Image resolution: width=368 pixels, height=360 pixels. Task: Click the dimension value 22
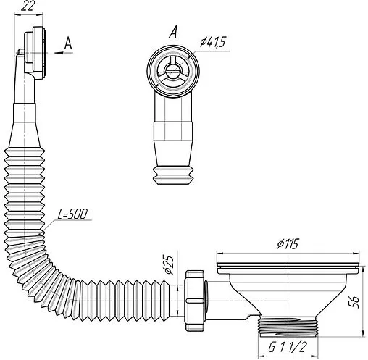point(28,6)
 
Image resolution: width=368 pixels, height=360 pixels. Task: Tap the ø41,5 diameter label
point(212,42)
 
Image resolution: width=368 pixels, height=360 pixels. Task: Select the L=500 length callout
point(72,214)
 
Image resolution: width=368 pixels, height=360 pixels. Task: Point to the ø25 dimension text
point(169,264)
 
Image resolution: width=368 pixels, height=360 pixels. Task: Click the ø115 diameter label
point(288,244)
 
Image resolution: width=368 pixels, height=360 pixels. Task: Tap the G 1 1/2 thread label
point(288,347)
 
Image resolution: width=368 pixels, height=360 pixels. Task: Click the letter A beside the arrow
point(68,43)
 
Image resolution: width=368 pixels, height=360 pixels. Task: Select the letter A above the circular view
point(173,32)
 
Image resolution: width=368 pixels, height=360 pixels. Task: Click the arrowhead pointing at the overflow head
point(59,53)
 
